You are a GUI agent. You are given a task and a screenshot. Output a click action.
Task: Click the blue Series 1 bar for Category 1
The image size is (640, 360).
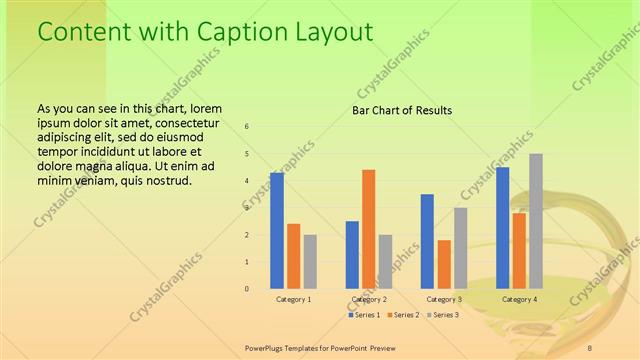click(x=277, y=230)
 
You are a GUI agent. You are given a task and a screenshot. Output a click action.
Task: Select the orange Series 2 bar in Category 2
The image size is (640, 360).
click(x=368, y=229)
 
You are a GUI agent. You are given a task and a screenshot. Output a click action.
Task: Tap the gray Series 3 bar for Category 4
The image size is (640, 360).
click(x=536, y=221)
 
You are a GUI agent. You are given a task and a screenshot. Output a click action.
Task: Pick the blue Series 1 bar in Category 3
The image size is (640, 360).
click(x=427, y=241)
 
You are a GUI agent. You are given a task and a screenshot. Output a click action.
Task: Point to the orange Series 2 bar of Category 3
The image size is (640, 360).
click(x=444, y=264)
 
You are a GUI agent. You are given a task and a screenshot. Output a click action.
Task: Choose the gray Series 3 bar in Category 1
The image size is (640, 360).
click(x=310, y=261)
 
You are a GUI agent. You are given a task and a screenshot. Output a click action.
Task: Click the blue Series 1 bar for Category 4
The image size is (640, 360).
click(x=503, y=228)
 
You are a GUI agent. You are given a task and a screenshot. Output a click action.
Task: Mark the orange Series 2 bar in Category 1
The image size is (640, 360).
click(x=293, y=256)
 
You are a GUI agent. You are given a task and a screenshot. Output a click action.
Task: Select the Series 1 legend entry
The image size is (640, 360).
click(x=364, y=315)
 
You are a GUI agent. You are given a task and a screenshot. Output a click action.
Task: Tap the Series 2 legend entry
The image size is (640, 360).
click(x=403, y=315)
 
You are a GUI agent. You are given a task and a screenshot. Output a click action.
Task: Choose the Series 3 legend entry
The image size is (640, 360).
click(x=443, y=315)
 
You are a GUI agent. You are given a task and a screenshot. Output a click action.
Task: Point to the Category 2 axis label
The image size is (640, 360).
click(x=368, y=299)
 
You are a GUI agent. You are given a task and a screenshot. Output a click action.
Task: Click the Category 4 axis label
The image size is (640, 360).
click(x=519, y=299)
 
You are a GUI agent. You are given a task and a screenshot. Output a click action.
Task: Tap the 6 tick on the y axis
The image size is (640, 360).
click(x=248, y=127)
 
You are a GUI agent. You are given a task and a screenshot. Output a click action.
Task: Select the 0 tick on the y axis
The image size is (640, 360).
click(x=248, y=289)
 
